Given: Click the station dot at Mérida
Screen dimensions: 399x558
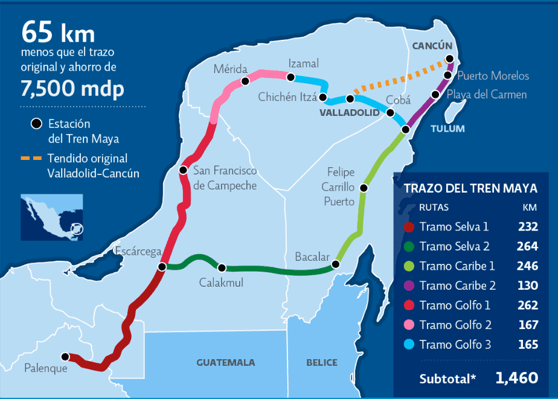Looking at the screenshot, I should tap(245, 81).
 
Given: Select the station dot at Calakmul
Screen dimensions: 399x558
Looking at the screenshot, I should tap(222, 268).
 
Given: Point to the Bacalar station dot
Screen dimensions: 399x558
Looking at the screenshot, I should tap(336, 264).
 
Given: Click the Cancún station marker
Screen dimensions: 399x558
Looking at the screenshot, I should tap(450, 59).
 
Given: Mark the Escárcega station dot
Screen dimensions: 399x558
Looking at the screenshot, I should tap(162, 267).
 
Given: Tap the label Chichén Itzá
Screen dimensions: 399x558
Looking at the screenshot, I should tap(287, 97).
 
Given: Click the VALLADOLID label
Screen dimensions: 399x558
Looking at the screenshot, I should tap(350, 113).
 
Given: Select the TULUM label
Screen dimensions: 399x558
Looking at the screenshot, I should tap(447, 129).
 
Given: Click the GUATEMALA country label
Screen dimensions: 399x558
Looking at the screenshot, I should tap(225, 363).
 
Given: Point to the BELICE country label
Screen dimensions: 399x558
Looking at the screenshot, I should tap(321, 363).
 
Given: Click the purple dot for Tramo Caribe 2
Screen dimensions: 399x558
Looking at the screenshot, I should tap(409, 286).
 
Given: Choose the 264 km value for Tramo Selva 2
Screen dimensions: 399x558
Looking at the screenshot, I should tap(527, 246).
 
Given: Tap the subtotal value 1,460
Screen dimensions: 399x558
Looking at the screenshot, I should tap(516, 378).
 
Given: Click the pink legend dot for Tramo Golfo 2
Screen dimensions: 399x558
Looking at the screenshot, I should tap(409, 325).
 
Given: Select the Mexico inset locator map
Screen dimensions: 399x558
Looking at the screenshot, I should tap(51, 217).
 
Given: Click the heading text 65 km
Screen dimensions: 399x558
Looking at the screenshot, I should tap(58, 32).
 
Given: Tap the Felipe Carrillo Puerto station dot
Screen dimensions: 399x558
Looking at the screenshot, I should tap(363, 188).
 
